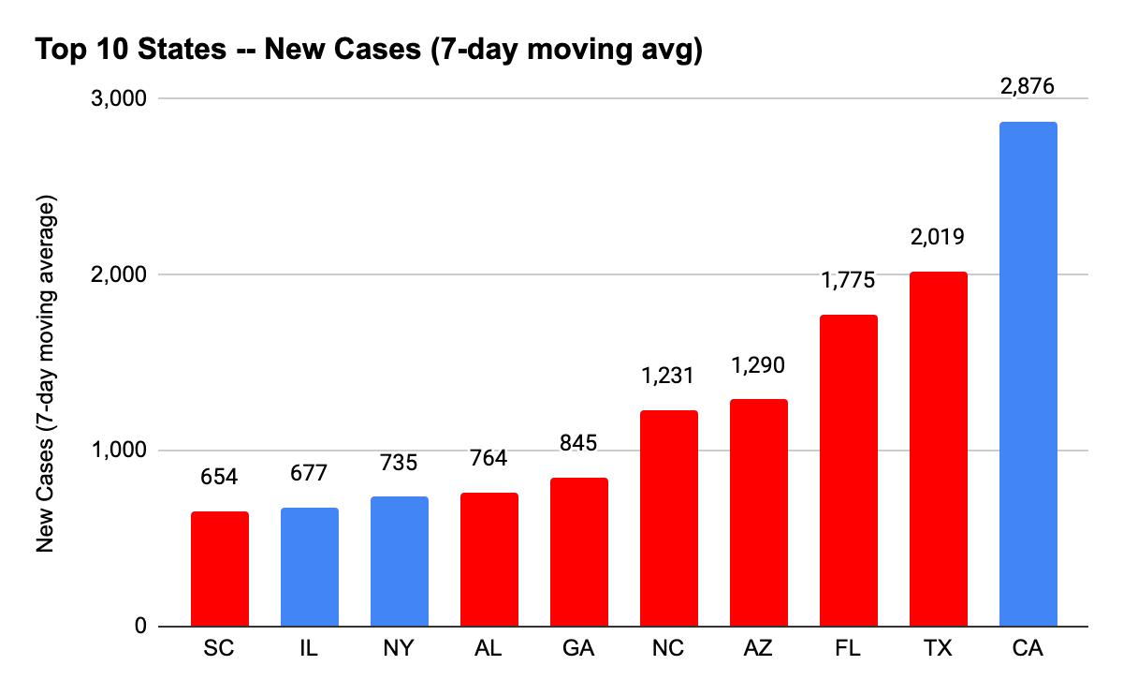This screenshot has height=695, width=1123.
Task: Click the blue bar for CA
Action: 1028,374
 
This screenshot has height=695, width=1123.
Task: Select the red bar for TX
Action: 938,449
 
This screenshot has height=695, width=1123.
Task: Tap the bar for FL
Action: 848,470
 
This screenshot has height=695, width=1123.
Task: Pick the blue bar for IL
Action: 310,567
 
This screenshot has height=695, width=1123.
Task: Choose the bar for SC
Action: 220,569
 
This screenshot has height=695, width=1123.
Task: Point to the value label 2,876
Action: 1028,87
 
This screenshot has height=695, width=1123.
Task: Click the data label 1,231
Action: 668,376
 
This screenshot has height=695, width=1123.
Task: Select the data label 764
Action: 489,458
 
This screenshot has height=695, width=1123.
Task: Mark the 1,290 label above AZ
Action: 758,364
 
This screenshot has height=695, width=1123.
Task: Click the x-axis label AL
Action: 489,649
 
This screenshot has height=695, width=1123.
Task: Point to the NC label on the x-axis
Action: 668,649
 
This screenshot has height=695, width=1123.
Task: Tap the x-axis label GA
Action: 578,649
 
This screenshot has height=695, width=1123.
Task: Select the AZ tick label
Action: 758,649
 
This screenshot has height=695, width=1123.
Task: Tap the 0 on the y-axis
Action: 139,627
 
